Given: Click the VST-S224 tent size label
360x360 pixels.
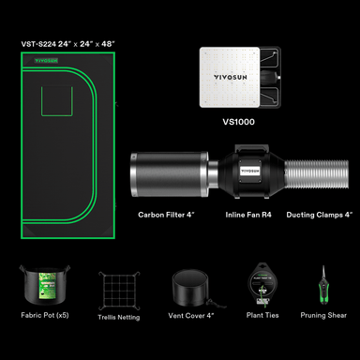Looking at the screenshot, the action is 68,44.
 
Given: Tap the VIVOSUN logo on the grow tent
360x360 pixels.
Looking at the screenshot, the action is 46,61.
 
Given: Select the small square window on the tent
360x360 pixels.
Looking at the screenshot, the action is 57,101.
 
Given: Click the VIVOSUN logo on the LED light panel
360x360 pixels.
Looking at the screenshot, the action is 231,77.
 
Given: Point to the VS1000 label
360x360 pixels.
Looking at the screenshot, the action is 238,122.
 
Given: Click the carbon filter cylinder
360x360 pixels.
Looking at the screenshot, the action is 170,174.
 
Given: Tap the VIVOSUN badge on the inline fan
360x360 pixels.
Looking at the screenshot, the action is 250,171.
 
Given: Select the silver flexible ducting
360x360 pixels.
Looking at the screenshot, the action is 316,174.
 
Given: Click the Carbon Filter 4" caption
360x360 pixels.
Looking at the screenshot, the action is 167,215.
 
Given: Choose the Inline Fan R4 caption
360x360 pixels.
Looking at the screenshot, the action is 248,215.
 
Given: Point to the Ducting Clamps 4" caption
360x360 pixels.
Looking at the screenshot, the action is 320,215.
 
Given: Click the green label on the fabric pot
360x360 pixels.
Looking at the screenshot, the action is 47,285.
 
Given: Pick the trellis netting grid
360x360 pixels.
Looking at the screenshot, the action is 119,291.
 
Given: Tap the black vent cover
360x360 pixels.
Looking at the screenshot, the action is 190,288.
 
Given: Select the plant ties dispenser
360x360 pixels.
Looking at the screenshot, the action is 262,284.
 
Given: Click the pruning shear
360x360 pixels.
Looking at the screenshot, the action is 323,286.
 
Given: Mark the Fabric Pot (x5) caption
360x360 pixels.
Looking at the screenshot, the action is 45,315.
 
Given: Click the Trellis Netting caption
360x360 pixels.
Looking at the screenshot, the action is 119,317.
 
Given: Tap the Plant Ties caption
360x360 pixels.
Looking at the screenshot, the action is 262,315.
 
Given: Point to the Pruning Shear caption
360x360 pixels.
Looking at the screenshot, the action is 323,315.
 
